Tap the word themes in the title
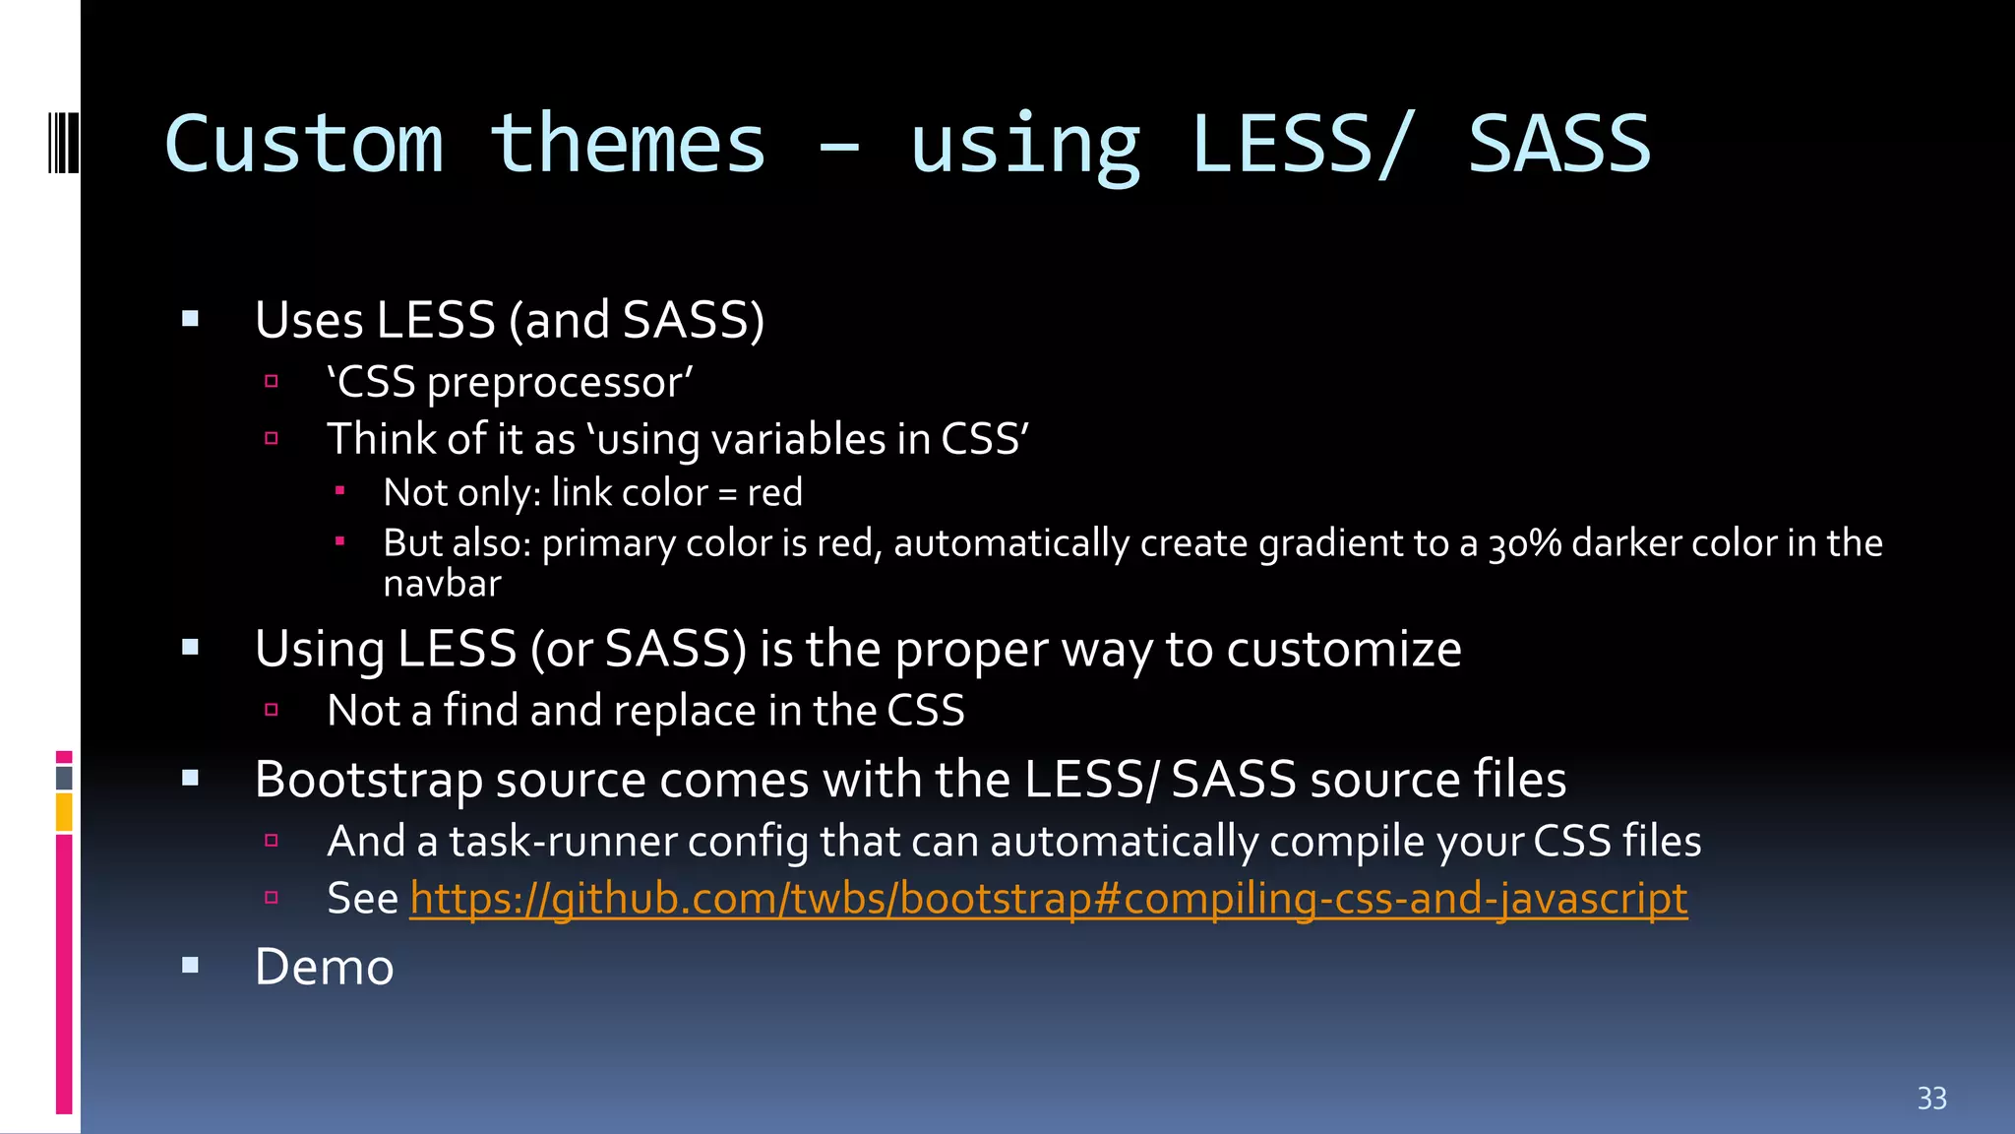coord(628,145)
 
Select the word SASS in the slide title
coord(1558,145)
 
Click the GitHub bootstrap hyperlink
coord(1048,899)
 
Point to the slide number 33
coord(1931,1099)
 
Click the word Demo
coord(324,967)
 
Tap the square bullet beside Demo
coord(191,966)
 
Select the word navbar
coord(442,585)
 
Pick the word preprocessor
coord(559,383)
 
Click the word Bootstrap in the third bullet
coord(368,780)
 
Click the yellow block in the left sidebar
coord(64,813)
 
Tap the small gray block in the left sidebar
coord(64,778)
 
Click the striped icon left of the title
coord(63,144)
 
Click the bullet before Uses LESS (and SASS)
coord(191,319)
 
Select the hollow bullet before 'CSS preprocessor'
coord(272,381)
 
